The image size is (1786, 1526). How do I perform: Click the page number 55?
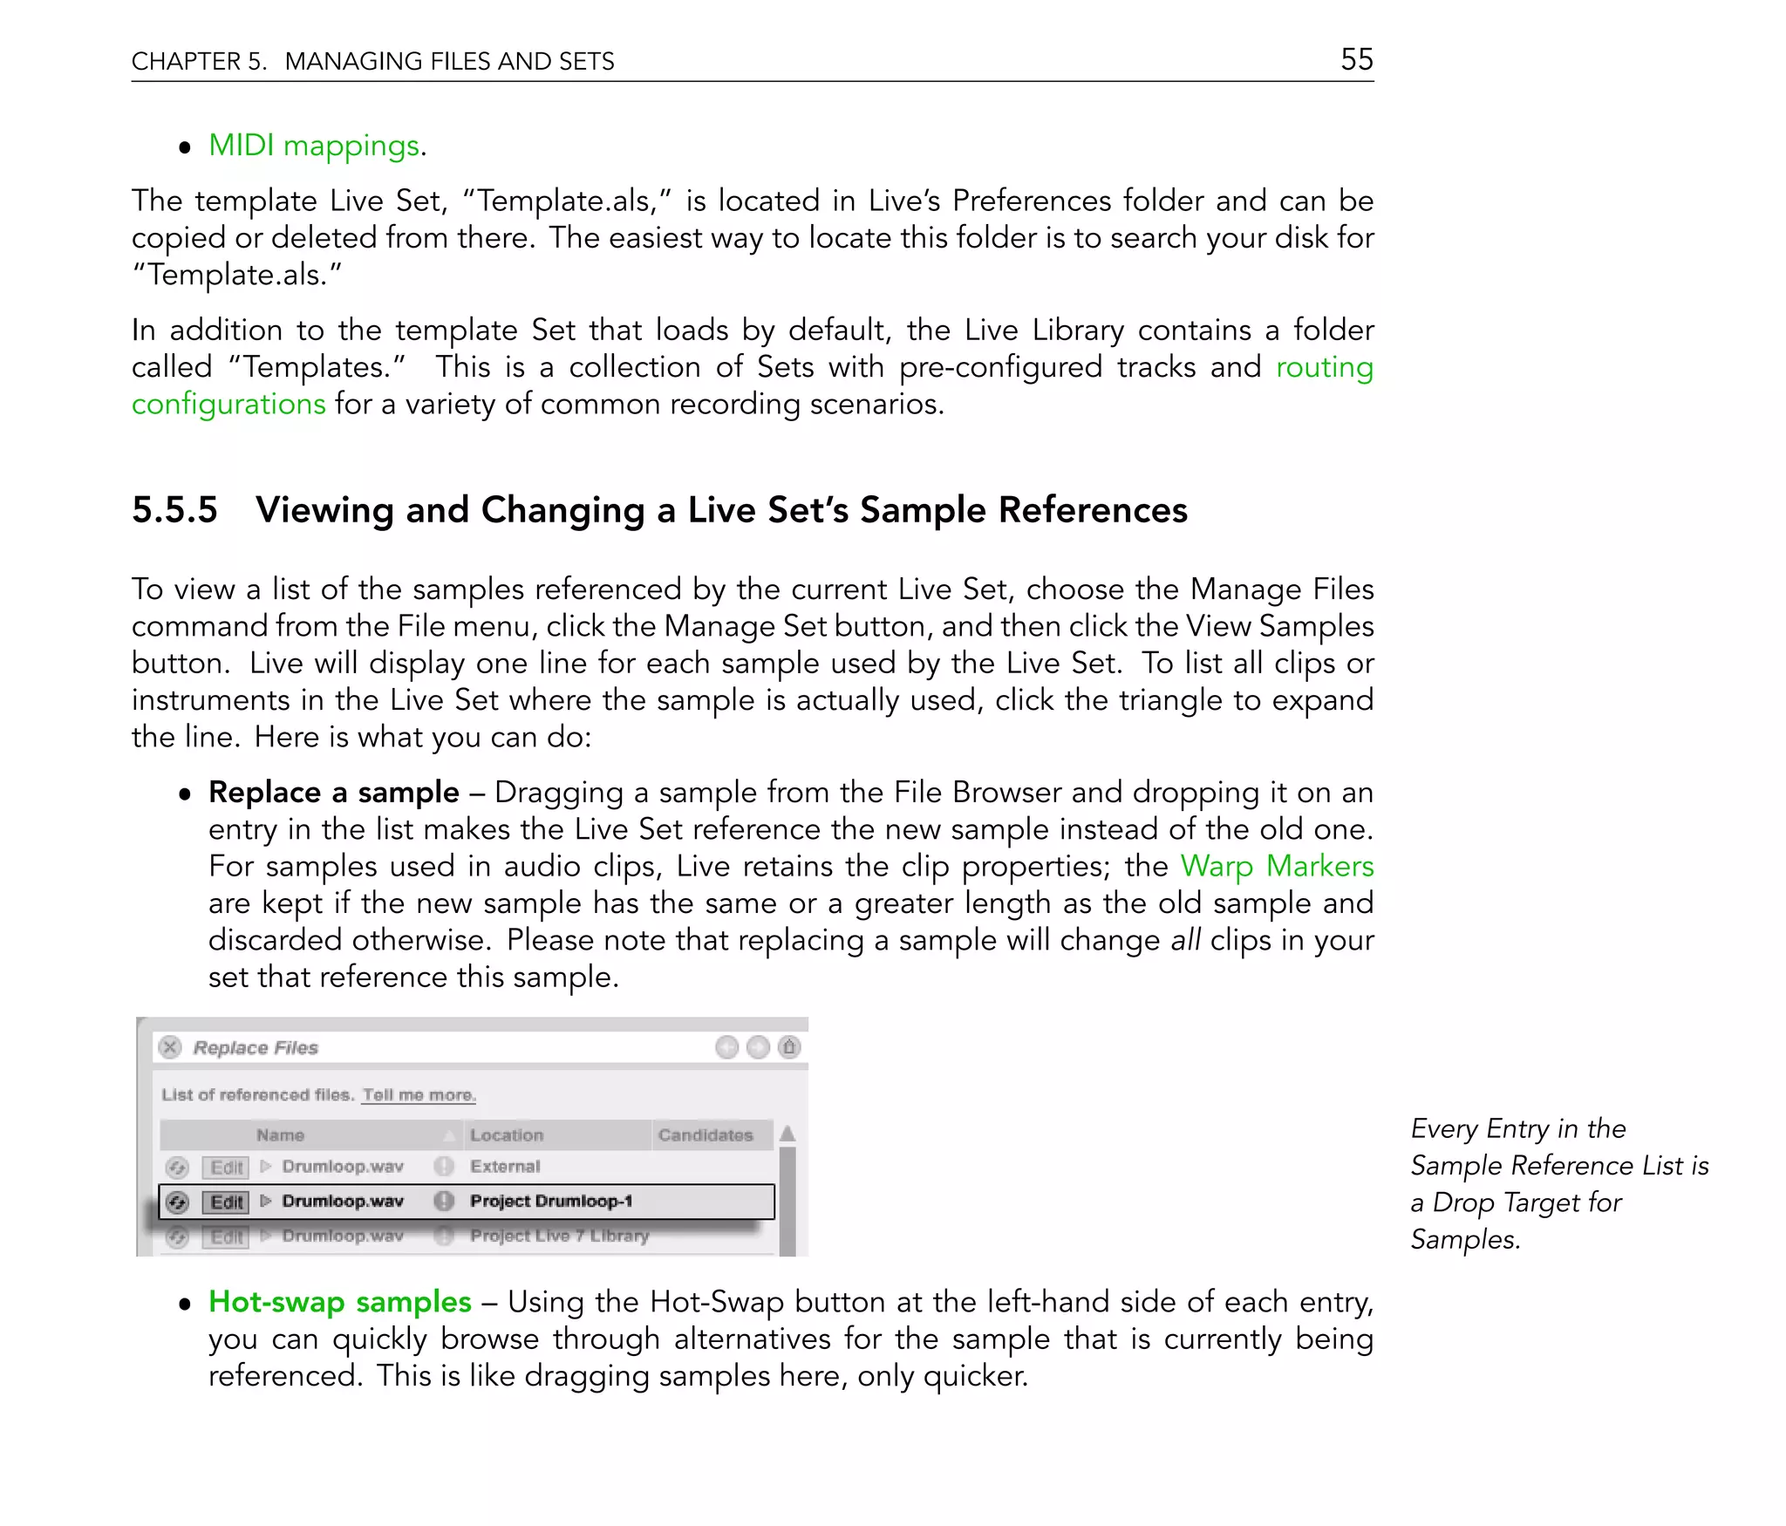(1356, 59)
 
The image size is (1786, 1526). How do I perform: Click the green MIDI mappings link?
(314, 146)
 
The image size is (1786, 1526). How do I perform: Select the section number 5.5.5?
(174, 510)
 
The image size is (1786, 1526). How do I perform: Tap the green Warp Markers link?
(1276, 866)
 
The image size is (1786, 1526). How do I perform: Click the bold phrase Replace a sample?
(333, 792)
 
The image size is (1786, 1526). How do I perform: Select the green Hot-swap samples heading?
(339, 1302)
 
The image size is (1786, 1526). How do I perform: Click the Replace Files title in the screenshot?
(256, 1047)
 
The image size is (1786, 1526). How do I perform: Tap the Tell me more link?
(419, 1094)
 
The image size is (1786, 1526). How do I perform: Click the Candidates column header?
(705, 1135)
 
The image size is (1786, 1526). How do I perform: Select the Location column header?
(507, 1135)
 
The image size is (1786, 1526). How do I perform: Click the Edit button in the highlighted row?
(226, 1202)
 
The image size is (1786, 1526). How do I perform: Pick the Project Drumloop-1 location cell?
(550, 1202)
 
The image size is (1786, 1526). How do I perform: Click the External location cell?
(505, 1167)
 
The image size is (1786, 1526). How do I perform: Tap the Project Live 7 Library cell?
(559, 1236)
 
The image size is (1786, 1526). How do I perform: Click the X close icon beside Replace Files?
(171, 1047)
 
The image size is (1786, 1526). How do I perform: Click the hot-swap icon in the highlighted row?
(178, 1202)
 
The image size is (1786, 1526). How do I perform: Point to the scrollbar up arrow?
(787, 1134)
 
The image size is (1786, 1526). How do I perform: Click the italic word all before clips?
(1185, 940)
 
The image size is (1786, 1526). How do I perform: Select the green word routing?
(1324, 367)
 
